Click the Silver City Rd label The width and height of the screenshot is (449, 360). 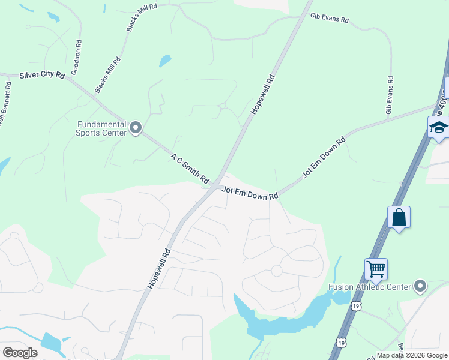tap(41, 75)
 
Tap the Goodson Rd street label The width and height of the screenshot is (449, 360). tap(76, 58)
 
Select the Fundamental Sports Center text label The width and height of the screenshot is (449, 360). tap(101, 128)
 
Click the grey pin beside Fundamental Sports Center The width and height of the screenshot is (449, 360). tap(136, 128)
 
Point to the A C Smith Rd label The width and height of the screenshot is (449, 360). tap(190, 168)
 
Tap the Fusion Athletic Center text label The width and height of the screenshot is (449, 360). tap(369, 287)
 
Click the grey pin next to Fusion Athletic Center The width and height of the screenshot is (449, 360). tap(420, 286)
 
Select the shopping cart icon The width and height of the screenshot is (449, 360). tap(376, 269)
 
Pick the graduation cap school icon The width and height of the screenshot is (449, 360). tap(438, 128)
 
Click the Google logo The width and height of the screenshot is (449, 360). tap(20, 352)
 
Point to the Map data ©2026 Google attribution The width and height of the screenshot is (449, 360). tap(412, 355)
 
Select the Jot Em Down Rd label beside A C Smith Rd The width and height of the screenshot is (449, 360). tap(250, 193)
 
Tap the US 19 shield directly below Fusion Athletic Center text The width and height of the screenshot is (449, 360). tap(357, 306)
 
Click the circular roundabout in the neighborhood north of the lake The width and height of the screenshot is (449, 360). tap(277, 271)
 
